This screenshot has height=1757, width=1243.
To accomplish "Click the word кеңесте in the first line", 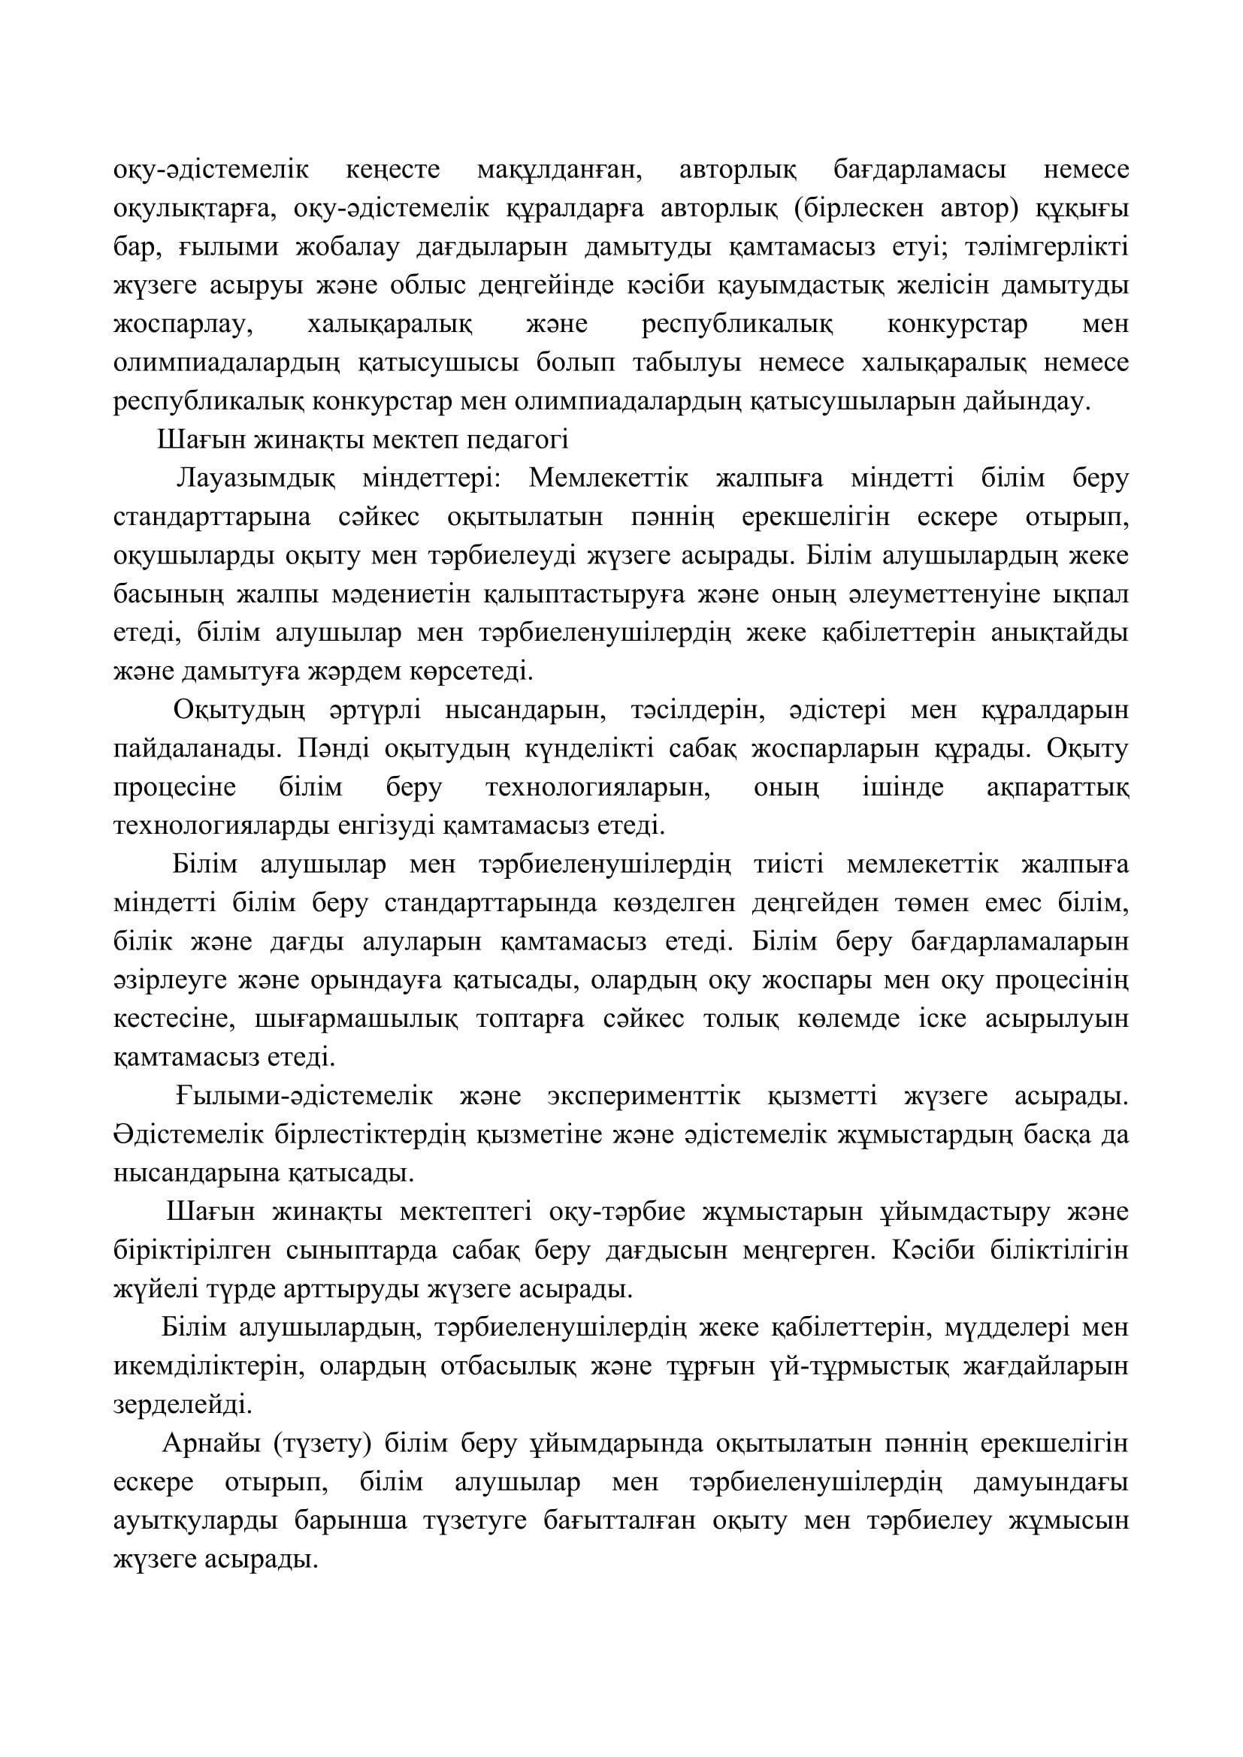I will point(392,169).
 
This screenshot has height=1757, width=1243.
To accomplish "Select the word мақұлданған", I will point(560,169).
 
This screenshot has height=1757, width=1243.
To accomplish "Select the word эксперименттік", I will point(644,1097).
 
